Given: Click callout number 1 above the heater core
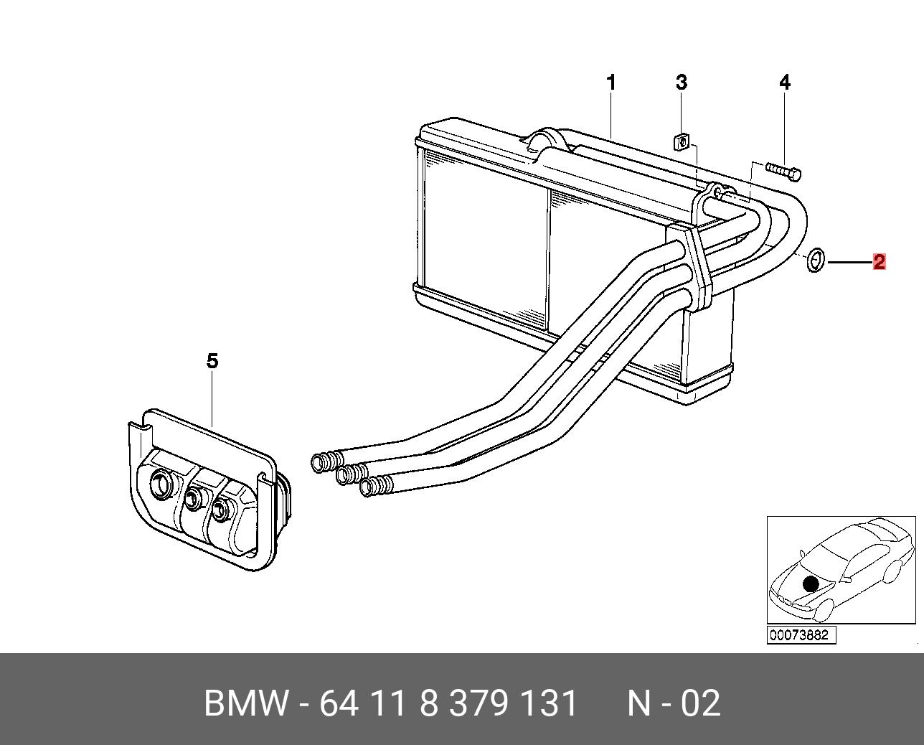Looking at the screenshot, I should click(611, 83).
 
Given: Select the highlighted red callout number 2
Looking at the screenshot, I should click(879, 262).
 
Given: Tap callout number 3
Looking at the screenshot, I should click(681, 83).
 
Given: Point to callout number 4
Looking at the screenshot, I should click(785, 83).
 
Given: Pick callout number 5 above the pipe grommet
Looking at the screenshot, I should click(212, 361).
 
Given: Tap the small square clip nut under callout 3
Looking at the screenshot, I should click(682, 142).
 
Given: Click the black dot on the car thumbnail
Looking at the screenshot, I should click(811, 584).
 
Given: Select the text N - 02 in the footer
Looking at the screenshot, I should click(674, 703).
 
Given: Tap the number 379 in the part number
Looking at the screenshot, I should click(478, 703).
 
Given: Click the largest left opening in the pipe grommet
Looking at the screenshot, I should click(161, 485).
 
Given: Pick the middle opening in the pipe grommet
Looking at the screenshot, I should click(194, 497).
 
